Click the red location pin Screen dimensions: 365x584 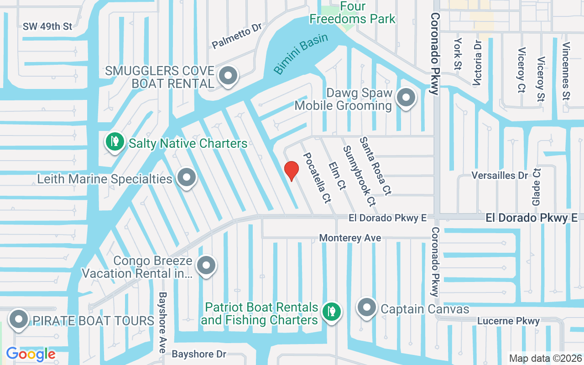pos(292,171)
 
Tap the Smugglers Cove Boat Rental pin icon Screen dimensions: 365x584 pos(228,76)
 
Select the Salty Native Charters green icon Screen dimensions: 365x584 pos(115,141)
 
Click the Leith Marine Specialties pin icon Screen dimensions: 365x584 pos(186,177)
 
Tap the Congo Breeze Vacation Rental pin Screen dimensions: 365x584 pos(206,265)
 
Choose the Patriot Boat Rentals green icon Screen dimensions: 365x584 pos(332,312)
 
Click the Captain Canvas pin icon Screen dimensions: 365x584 pos(366,308)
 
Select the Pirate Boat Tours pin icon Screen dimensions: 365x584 pos(19,319)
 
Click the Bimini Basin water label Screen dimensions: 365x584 pos(301,54)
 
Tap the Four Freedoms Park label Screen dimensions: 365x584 pos(352,13)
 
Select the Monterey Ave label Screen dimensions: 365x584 pos(350,238)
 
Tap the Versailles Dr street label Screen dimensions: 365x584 pos(499,176)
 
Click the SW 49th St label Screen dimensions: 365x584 pos(47,26)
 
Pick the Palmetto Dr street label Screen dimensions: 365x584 pos(237,36)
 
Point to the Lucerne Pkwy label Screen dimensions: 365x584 pos(508,321)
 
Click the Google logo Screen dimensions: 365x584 pos(31,354)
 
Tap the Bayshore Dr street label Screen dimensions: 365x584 pos(199,354)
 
